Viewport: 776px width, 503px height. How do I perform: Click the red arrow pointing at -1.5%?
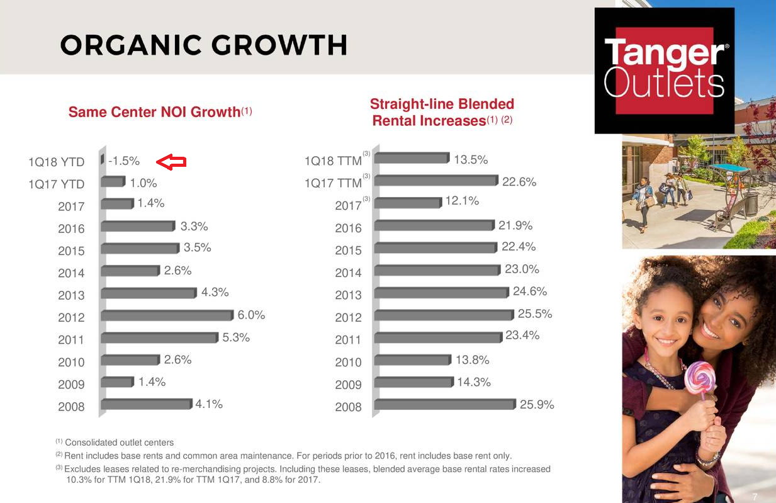(171, 162)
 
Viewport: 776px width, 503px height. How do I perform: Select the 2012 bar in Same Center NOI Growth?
(167, 315)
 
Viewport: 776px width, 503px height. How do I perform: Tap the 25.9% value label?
(537, 404)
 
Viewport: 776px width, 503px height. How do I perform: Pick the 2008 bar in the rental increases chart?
(445, 405)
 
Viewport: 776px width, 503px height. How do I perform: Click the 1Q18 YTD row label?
(57, 162)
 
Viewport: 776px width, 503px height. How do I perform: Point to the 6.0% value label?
(251, 315)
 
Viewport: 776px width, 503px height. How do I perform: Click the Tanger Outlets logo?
(665, 71)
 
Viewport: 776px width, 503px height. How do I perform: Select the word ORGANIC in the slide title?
(131, 45)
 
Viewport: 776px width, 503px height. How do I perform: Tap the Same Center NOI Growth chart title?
(160, 112)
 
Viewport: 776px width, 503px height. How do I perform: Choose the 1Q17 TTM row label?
(333, 183)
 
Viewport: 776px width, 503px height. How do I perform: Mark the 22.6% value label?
(519, 182)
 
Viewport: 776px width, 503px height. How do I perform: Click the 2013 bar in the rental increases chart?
(441, 293)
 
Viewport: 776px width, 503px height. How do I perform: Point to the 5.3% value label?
(236, 337)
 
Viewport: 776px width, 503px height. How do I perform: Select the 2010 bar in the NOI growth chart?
(130, 360)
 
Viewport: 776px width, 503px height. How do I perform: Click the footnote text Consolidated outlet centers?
(119, 443)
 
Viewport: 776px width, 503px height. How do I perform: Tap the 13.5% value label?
(471, 160)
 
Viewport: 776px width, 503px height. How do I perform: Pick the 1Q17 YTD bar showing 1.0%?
(113, 182)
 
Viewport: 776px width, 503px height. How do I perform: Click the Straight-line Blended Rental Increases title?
(442, 112)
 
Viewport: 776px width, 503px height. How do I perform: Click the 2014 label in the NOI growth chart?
(71, 273)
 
